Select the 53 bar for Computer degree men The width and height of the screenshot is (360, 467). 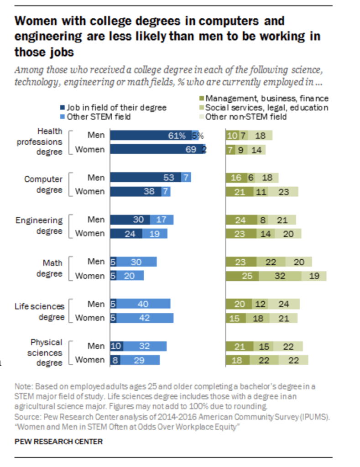146,178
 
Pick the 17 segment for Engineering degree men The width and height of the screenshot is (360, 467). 161,220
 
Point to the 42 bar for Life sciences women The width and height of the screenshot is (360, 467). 145,318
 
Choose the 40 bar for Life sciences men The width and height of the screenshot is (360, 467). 143,304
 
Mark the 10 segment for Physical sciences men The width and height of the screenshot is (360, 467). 116,346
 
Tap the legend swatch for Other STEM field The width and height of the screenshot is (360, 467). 63,116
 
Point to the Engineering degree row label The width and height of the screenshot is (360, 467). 39,226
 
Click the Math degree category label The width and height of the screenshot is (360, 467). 52,268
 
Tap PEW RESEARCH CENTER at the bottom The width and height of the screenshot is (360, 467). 58,441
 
